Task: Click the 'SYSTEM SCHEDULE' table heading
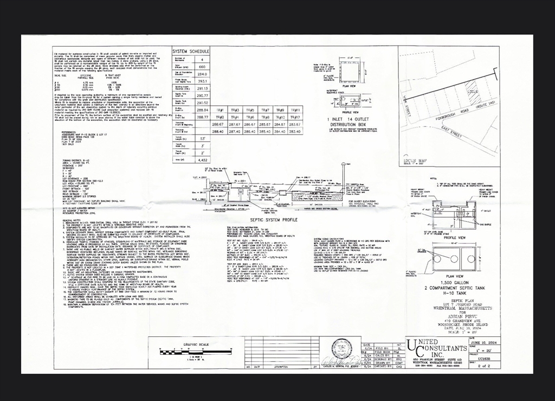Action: point(190,52)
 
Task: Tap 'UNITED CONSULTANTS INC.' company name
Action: point(437,347)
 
